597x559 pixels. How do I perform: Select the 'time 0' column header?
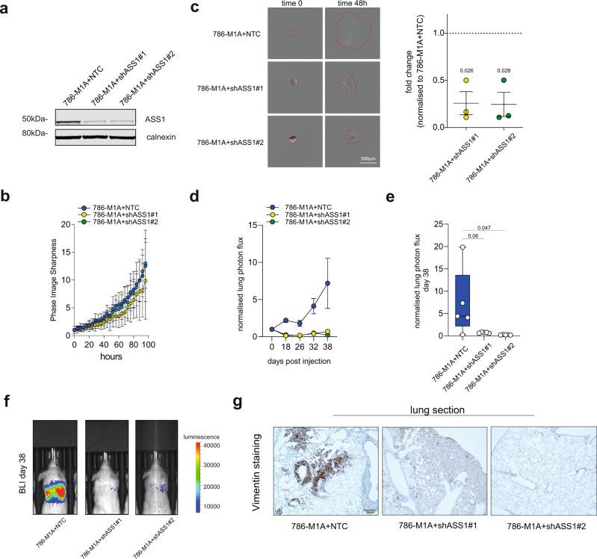coord(293,4)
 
